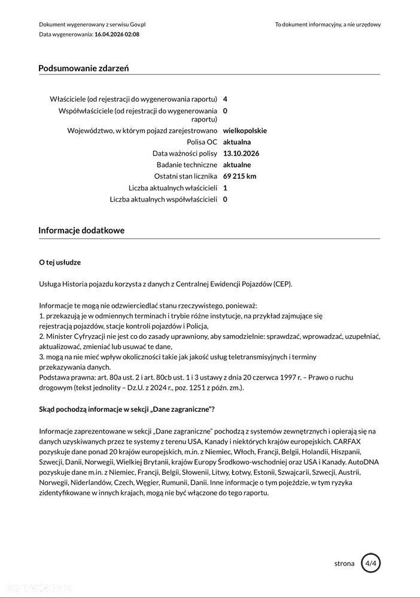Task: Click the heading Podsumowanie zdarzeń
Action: tap(83, 68)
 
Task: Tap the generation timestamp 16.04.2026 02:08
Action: tap(117, 35)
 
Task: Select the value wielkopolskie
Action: tap(245, 130)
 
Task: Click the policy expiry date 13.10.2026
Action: tap(241, 153)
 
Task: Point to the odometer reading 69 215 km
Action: tap(239, 176)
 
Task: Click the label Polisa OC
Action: tap(202, 142)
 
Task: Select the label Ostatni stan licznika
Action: tap(185, 176)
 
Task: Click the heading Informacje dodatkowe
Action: tap(81, 230)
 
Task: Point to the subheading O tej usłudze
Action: tap(60, 262)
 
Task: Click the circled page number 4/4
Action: tap(371, 563)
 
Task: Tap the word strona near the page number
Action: tap(344, 563)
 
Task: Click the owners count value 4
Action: tap(225, 99)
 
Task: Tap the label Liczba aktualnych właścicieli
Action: tap(172, 188)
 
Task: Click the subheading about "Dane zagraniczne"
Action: tap(127, 409)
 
